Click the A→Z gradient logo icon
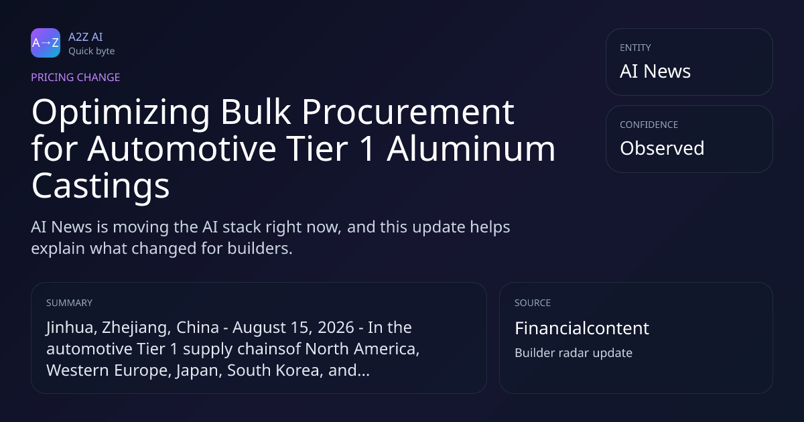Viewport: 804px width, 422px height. [x=46, y=43]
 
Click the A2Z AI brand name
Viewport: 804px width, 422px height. [x=86, y=37]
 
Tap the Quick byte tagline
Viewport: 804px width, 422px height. [x=92, y=52]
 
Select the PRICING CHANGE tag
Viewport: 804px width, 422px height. [x=75, y=77]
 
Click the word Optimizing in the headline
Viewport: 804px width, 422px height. [x=121, y=113]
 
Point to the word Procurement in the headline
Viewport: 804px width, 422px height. [x=407, y=113]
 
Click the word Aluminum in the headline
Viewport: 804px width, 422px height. [x=470, y=149]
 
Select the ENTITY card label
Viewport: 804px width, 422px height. [x=635, y=48]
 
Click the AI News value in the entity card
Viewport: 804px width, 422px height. [x=655, y=71]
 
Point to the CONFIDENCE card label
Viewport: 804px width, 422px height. [x=649, y=125]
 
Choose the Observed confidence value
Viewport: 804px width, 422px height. [x=662, y=148]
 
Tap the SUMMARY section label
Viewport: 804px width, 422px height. [x=69, y=303]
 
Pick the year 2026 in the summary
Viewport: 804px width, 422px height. [x=336, y=328]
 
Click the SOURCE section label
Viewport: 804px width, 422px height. [x=533, y=303]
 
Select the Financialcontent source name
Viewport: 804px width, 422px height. [x=582, y=328]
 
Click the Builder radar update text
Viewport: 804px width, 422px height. [x=574, y=353]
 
